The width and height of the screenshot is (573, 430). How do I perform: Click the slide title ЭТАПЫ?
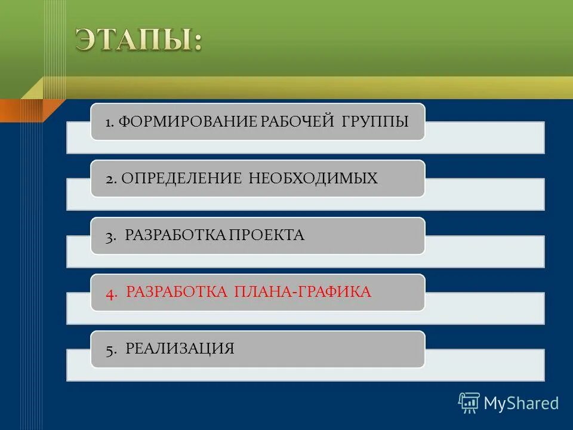pyautogui.click(x=138, y=40)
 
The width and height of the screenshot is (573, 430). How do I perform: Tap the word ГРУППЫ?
pyautogui.click(x=375, y=122)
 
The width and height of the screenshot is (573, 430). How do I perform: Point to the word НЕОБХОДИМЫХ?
pyautogui.click(x=313, y=178)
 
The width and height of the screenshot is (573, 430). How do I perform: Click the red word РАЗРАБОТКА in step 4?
pyautogui.click(x=177, y=292)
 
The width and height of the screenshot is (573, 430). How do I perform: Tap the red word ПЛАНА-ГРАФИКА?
pyautogui.click(x=303, y=292)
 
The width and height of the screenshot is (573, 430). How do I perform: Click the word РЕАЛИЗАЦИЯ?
pyautogui.click(x=180, y=349)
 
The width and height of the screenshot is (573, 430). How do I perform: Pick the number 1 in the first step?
pyautogui.click(x=109, y=122)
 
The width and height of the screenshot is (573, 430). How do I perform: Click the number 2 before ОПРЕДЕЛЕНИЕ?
pyautogui.click(x=110, y=179)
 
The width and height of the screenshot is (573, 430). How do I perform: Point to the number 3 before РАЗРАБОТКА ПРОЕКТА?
pyautogui.click(x=110, y=236)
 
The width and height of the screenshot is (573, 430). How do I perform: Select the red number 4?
pyautogui.click(x=110, y=293)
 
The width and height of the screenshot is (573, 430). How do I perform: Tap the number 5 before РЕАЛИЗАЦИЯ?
pyautogui.click(x=110, y=349)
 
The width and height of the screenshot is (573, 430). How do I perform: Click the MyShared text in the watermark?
pyautogui.click(x=521, y=403)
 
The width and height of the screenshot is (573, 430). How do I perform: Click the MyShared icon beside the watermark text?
pyautogui.click(x=469, y=403)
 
